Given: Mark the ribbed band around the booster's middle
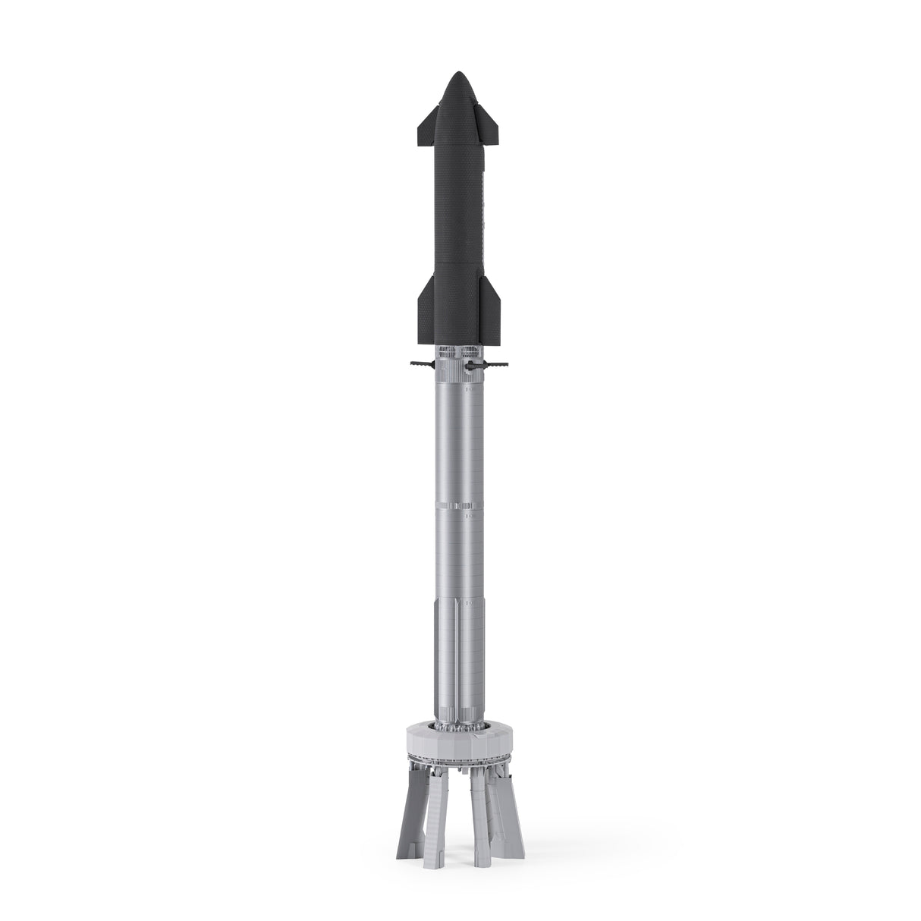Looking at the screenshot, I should point(460,507).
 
